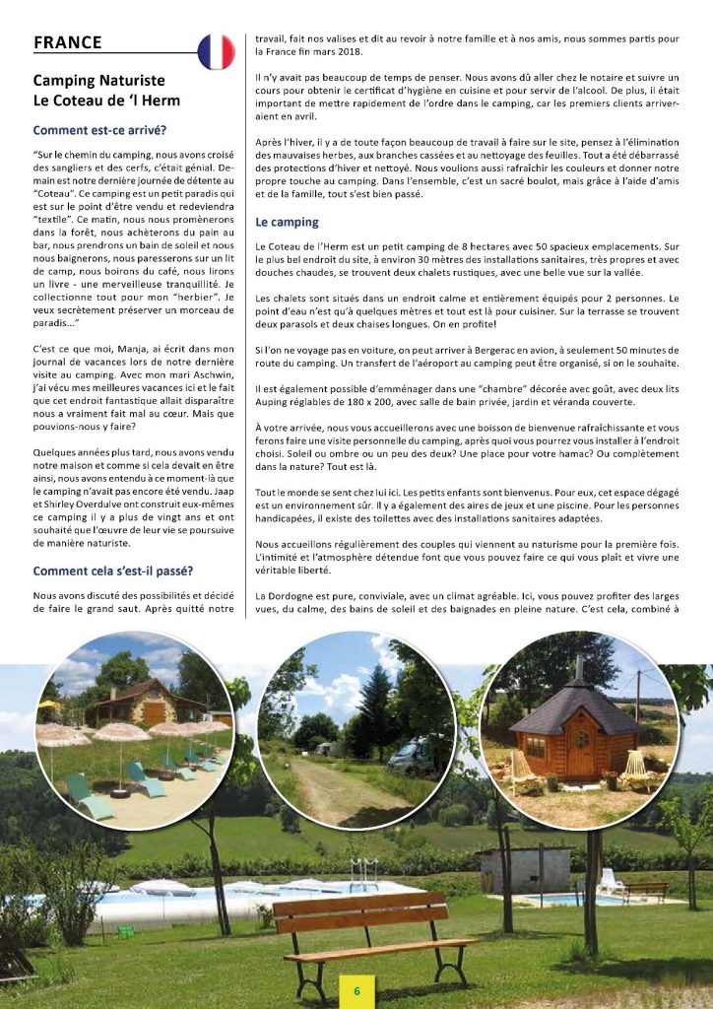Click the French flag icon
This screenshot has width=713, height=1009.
tap(216, 51)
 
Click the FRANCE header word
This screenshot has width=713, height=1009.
tap(68, 42)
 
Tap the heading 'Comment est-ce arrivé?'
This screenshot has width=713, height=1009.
tap(99, 129)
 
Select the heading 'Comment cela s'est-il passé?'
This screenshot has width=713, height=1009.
tap(113, 571)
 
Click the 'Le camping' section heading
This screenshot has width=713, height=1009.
tap(287, 222)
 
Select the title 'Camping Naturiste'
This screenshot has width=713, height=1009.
tap(99, 80)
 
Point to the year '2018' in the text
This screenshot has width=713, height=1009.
tap(353, 50)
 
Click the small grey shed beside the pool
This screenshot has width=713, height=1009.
tap(527, 868)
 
